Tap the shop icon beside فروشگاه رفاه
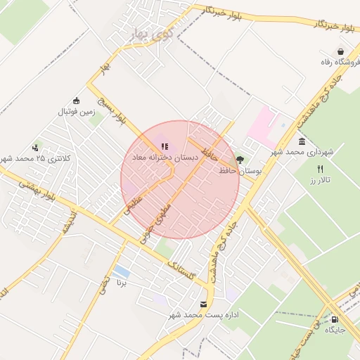point(340,51)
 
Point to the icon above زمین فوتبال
point(77,100)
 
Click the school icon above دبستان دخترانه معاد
point(165,146)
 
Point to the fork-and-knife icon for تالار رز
point(321,169)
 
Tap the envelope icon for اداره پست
point(203,304)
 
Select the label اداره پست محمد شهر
point(210,316)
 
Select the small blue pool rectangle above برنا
point(121,271)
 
